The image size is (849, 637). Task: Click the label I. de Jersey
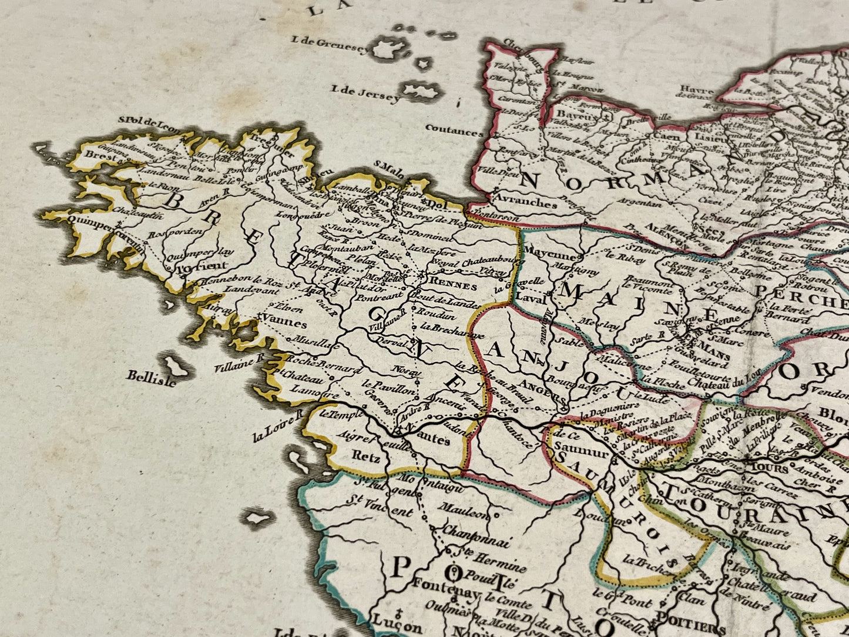[366, 93]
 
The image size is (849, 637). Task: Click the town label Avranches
[525, 203]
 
